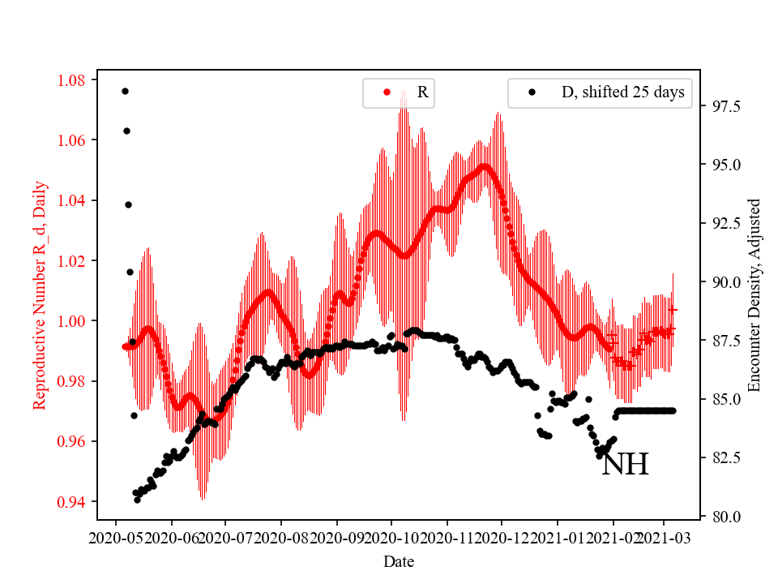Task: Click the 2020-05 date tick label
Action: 115,538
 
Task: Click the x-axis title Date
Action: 399,560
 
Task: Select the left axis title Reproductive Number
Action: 40,294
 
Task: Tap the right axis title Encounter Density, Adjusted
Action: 754,294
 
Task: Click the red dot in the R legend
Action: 387,92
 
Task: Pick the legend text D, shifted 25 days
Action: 622,92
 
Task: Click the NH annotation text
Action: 625,465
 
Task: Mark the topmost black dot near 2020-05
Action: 125,91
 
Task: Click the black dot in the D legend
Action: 532,92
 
